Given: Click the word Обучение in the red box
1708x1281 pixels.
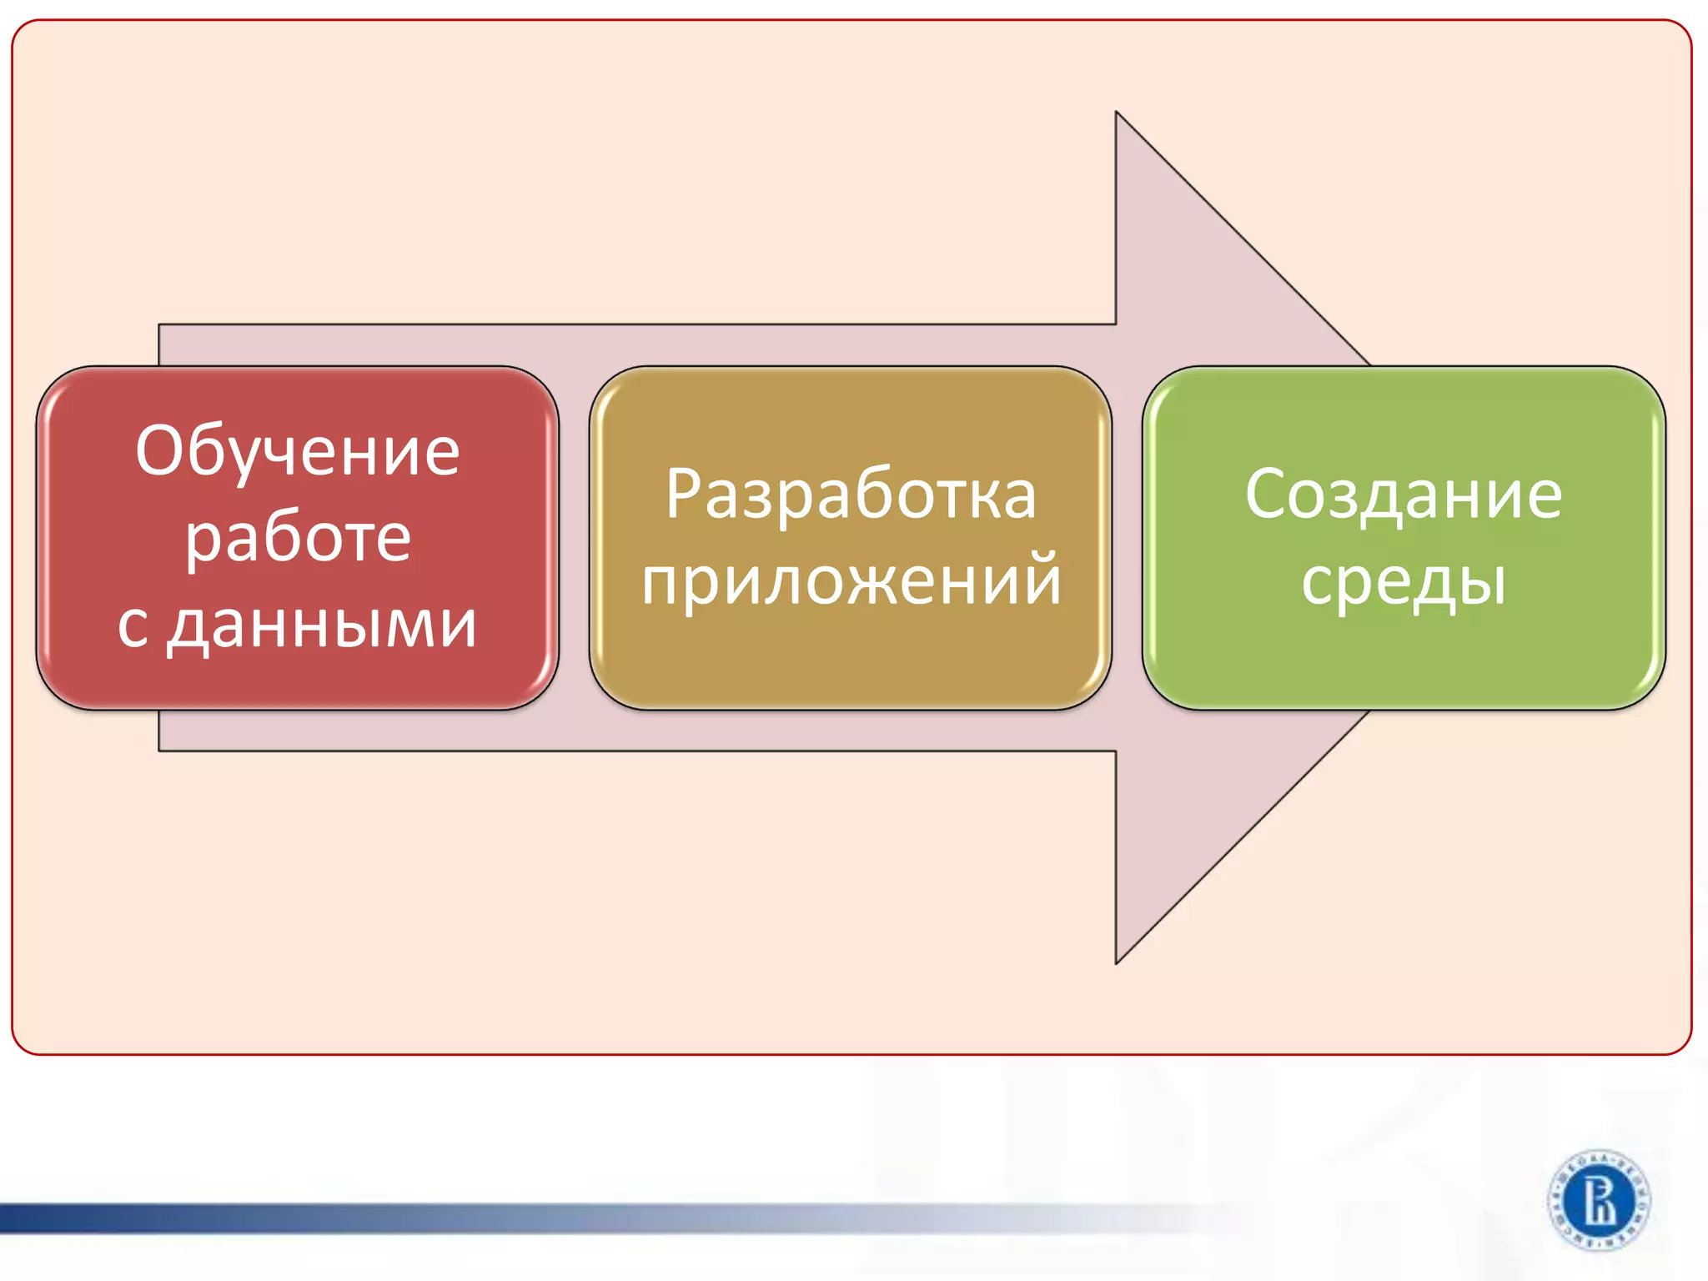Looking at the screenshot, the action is (298, 451).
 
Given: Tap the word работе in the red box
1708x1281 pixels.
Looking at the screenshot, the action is (298, 538).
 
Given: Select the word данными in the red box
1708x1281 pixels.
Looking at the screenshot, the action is (322, 625).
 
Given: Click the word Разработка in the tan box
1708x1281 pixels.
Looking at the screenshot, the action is (851, 495).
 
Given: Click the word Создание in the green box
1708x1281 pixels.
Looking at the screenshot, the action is (1404, 495).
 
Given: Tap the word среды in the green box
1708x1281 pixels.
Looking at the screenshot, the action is (1404, 581).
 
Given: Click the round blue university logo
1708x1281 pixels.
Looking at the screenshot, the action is (1598, 1200).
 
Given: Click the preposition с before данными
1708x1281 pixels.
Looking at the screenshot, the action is (132, 626).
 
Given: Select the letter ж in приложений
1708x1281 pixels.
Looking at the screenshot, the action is (862, 581).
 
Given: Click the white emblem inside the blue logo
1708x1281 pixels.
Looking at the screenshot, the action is (1599, 1200).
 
